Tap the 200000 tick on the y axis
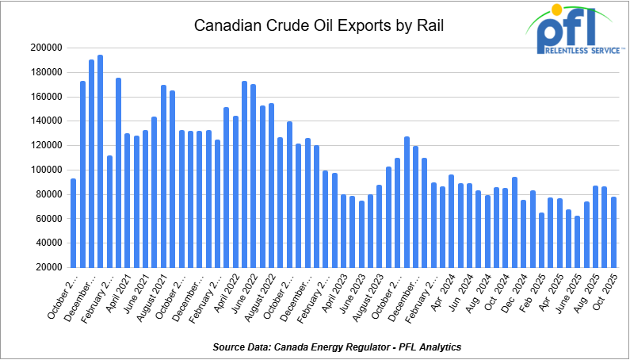(x=47, y=48)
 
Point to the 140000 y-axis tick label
(x=47, y=121)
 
